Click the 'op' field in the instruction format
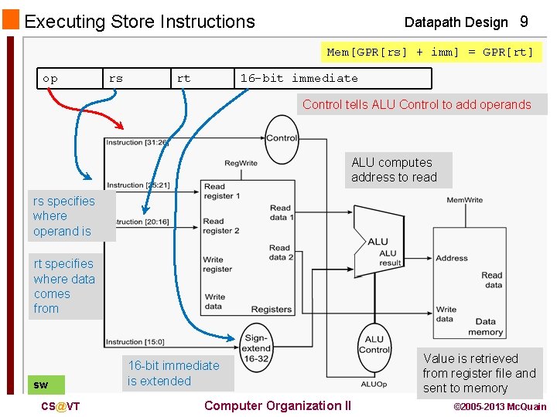[50, 79]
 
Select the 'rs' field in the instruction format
[116, 79]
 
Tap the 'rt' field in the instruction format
[183, 79]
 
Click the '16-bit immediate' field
[299, 79]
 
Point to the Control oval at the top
[282, 139]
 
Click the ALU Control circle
[374, 344]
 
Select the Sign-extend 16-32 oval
[256, 348]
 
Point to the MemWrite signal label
[466, 200]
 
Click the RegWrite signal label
[241, 163]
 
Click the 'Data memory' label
[485, 327]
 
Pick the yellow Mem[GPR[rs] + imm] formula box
[430, 53]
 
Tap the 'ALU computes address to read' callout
[394, 170]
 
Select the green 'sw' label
[41, 385]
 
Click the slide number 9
[525, 22]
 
